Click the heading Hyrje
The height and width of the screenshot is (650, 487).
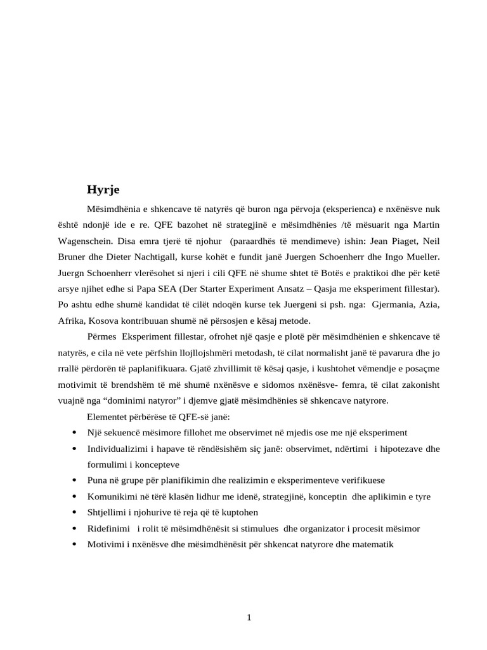coord(103,189)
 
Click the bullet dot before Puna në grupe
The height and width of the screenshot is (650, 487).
coord(75,480)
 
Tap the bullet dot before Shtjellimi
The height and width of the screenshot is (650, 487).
coord(75,512)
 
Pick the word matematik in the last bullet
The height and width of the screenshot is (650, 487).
coord(373,544)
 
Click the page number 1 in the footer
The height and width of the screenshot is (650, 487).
coord(250,618)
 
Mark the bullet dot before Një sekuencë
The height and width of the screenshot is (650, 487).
coord(75,432)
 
